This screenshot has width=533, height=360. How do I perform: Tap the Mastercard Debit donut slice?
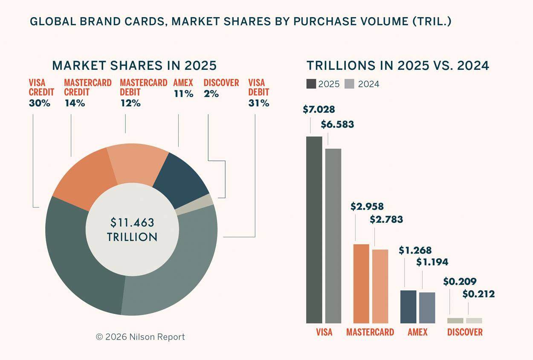(x=137, y=164)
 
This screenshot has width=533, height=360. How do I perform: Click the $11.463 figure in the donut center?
(x=132, y=222)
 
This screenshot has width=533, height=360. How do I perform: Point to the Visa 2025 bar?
(x=314, y=230)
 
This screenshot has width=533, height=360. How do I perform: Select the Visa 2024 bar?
(x=333, y=236)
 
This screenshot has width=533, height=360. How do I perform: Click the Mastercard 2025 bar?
(x=361, y=284)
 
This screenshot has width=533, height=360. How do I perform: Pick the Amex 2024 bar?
(x=427, y=308)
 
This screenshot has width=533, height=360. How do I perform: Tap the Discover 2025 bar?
(x=455, y=320)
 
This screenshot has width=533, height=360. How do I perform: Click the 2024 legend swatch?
(x=349, y=84)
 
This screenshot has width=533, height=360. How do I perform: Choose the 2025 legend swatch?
(x=311, y=84)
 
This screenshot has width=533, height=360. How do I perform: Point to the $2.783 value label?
(x=386, y=220)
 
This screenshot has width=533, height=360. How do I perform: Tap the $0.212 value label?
(x=478, y=294)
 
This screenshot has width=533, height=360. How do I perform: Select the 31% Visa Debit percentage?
(x=258, y=103)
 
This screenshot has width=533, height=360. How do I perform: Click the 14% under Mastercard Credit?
(x=75, y=103)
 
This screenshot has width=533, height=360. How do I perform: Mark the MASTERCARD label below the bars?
(x=370, y=332)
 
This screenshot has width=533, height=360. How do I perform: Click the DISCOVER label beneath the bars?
(x=465, y=332)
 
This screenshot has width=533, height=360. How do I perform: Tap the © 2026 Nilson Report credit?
(x=140, y=337)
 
